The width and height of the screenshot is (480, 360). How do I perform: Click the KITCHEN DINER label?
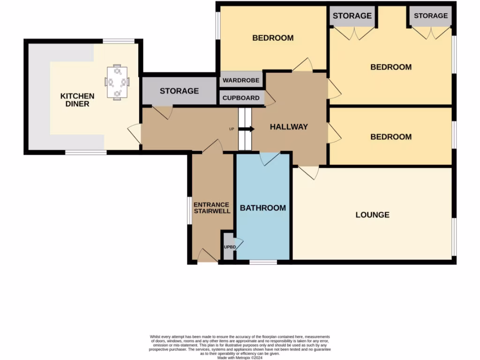click(77, 100)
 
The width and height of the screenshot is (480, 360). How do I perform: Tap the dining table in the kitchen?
click(117, 82)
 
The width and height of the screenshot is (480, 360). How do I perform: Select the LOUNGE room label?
click(372, 215)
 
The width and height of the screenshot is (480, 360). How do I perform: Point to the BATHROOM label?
click(262, 208)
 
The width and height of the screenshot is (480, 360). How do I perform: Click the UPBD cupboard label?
click(229, 247)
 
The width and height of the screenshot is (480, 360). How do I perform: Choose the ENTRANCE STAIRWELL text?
click(212, 208)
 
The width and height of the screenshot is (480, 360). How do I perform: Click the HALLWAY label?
click(288, 127)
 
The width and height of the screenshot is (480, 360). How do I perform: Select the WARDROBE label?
click(241, 80)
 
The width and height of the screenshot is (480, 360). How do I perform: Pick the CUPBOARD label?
click(241, 98)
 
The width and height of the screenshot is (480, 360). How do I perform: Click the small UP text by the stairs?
click(231, 129)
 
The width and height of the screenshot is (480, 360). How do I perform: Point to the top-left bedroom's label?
click(273, 38)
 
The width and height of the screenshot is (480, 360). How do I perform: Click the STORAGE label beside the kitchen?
click(179, 90)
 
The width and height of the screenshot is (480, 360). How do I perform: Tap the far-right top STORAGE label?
click(430, 15)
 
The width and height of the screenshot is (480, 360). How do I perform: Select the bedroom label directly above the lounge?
click(391, 137)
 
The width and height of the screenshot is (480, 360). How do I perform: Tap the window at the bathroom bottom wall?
click(263, 262)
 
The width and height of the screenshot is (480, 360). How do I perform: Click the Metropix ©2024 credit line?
click(240, 358)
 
